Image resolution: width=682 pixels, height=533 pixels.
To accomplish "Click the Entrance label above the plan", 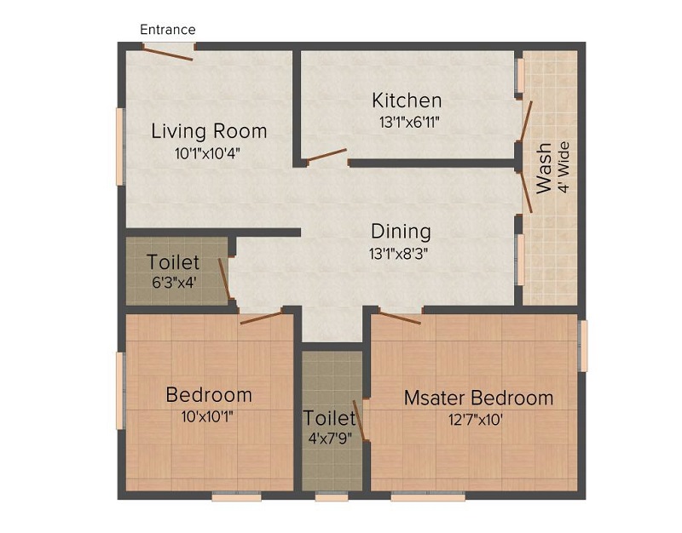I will tap(168, 30).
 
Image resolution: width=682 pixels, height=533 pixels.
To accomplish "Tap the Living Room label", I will tap(209, 131).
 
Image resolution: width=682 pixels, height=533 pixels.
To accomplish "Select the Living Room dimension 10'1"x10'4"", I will tap(209, 154).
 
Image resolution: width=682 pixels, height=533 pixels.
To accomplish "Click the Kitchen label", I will tap(407, 100).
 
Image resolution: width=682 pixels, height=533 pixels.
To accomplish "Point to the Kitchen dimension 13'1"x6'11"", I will tap(408, 122).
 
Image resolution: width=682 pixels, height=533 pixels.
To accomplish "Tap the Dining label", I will tap(401, 231).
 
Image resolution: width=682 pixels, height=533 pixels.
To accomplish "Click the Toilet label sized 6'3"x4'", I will tap(173, 262).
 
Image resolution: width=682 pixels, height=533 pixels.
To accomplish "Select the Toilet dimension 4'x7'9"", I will tap(331, 440).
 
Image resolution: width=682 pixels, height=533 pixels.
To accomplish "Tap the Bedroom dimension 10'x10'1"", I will tap(209, 416).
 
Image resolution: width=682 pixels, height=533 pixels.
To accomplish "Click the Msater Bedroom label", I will tap(478, 398).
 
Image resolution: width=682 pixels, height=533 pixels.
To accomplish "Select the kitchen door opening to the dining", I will tap(327, 157).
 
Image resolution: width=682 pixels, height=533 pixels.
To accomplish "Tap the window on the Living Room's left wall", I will tap(121, 146).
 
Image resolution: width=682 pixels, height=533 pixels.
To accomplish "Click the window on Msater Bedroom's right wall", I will tap(584, 345).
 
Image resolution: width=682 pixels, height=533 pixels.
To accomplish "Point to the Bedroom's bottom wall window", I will tap(236, 497).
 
